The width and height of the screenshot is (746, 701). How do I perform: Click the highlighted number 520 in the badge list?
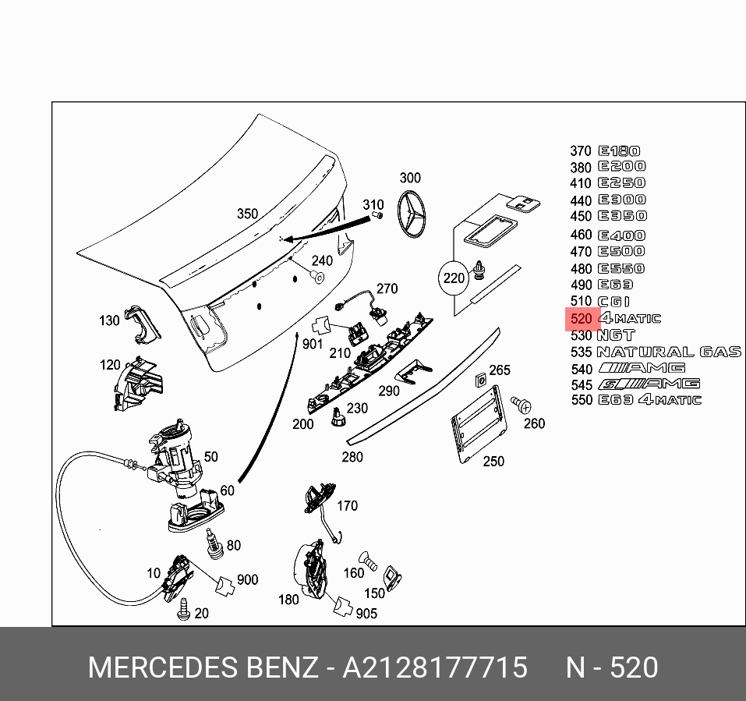pos(582,319)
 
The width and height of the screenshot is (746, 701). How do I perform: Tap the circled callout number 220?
pos(454,278)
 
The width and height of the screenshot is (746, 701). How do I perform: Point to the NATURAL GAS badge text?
pos(669,352)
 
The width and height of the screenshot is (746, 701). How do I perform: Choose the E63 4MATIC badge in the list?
pos(649,400)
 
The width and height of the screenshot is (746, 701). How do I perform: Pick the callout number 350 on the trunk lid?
pos(247,214)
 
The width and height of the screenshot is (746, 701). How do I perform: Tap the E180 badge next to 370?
pos(619,151)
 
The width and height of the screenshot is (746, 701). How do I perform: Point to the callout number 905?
pos(366,614)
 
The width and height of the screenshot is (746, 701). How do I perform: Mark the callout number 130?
pos(109,320)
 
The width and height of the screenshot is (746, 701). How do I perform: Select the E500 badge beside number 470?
pos(621,252)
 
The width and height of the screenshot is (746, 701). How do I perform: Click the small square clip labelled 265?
pos(481,381)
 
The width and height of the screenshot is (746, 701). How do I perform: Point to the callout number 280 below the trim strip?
pos(352,456)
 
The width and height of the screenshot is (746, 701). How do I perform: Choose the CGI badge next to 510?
pos(613,302)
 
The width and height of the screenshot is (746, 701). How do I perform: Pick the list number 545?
pos(582,384)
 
